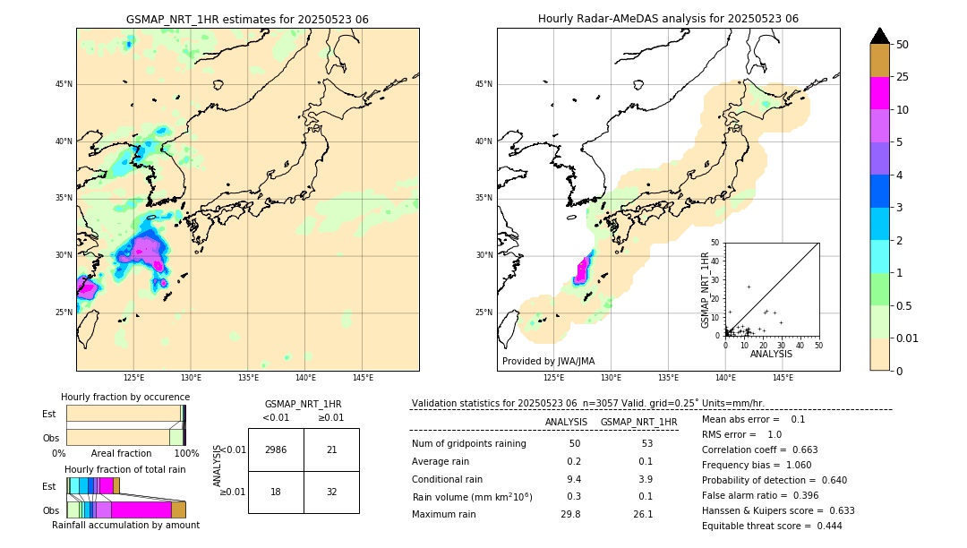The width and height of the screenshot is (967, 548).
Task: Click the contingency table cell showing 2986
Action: (276, 450)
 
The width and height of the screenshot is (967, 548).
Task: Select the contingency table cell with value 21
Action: (331, 450)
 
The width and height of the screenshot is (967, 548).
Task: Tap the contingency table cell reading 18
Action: (276, 492)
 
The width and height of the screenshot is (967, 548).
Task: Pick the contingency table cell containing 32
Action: (331, 492)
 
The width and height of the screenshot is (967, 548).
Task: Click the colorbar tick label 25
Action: (903, 77)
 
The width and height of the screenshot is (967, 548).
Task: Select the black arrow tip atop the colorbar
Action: (880, 35)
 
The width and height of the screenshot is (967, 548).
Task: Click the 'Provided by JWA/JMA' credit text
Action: (548, 361)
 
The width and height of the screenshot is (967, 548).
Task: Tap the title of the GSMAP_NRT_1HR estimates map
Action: (247, 19)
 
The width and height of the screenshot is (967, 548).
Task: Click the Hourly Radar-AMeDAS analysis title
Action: (668, 19)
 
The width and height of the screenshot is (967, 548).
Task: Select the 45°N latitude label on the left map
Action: (64, 84)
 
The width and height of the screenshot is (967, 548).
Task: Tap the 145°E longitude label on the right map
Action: (783, 378)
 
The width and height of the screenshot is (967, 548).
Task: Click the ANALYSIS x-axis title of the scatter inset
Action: (771, 354)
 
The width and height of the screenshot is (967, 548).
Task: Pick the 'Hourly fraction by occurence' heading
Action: (125, 397)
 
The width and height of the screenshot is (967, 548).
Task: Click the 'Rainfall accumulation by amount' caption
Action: (125, 525)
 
